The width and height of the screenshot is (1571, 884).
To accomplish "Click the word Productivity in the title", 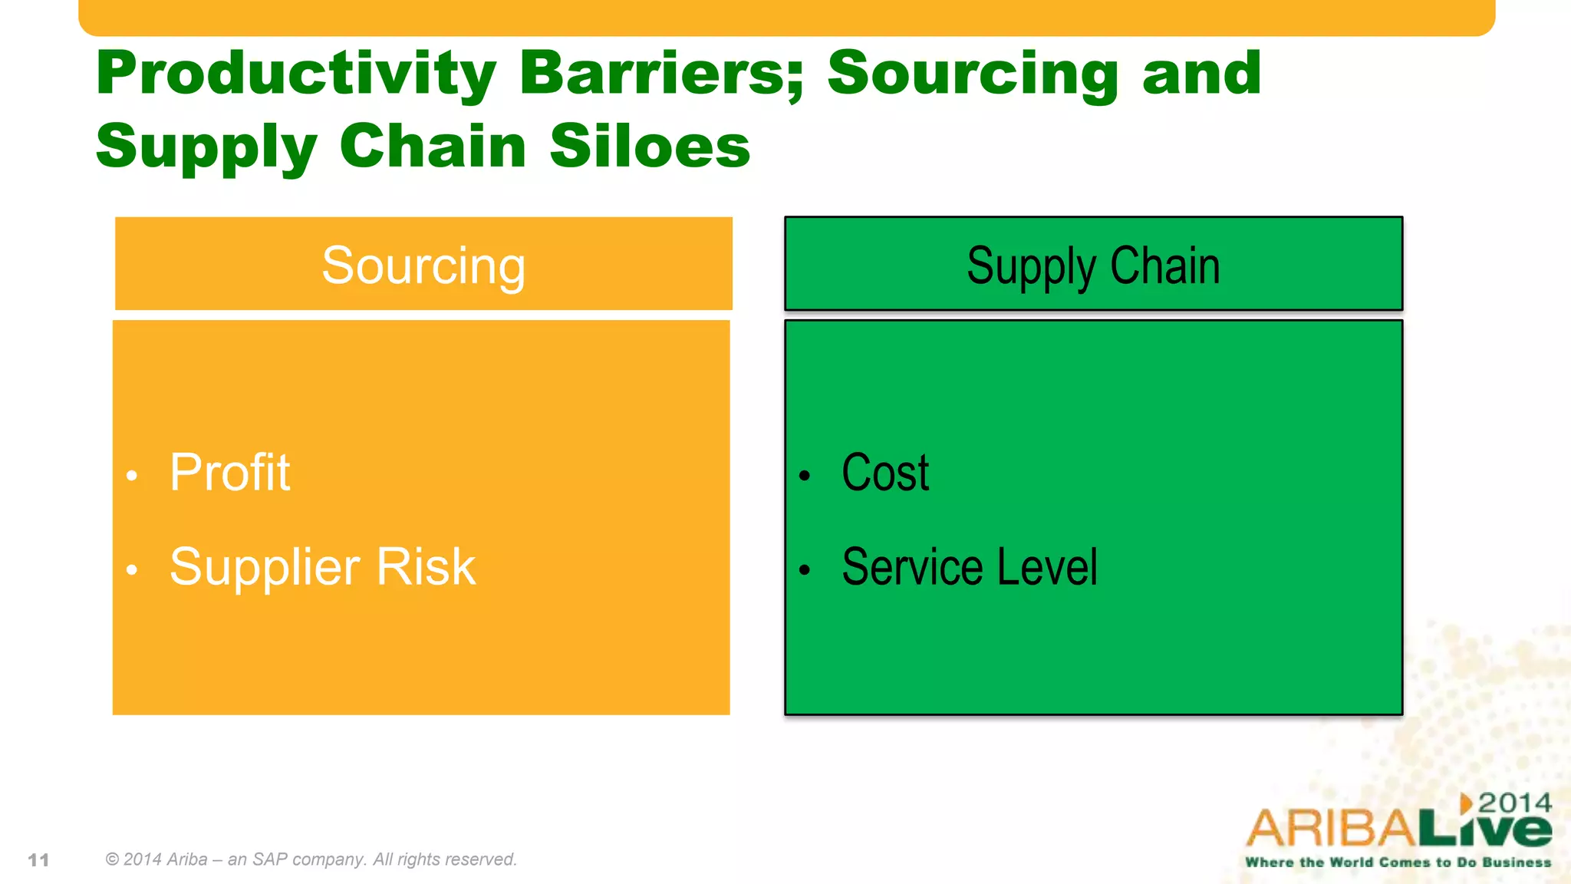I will point(296,74).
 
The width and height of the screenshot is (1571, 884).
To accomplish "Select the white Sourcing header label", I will point(423,266).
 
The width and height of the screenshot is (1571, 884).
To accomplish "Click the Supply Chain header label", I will point(1093,266).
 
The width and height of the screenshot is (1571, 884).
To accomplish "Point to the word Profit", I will point(229,472).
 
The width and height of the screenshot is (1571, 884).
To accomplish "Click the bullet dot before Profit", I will point(132,477).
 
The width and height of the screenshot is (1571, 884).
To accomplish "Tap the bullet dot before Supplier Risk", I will point(132,570).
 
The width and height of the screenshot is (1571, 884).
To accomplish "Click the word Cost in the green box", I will point(885,472).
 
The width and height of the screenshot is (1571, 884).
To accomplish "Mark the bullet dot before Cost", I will point(804,477).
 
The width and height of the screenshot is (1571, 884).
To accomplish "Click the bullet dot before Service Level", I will point(804,570).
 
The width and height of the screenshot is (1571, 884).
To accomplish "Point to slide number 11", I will point(38,860).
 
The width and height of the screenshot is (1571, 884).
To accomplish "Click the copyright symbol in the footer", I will point(112,859).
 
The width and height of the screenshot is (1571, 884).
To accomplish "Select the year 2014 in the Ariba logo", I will point(1514,803).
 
